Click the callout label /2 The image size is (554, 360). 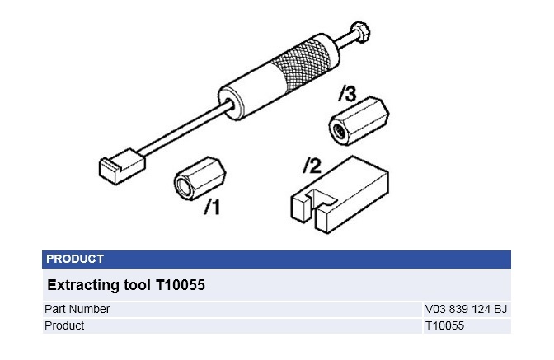[x=311, y=166]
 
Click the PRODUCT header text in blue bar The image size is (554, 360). [x=75, y=259]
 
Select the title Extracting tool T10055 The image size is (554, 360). [x=125, y=285]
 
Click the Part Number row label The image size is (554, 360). [x=77, y=309]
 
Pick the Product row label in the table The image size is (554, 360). [x=65, y=325]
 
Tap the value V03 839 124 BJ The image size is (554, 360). [x=465, y=309]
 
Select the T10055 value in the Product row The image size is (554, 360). [x=444, y=325]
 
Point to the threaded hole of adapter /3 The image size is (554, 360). [x=338, y=129]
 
